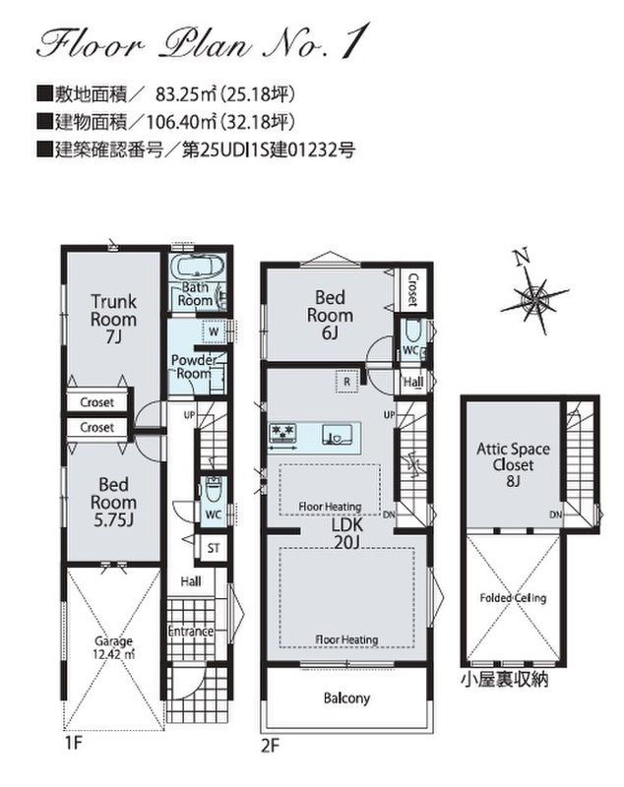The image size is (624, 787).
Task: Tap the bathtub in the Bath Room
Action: click(x=198, y=266)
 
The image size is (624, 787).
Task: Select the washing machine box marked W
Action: click(x=214, y=332)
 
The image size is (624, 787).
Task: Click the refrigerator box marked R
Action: click(x=346, y=382)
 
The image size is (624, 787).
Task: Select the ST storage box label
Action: click(x=214, y=548)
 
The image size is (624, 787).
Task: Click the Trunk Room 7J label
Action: click(x=113, y=319)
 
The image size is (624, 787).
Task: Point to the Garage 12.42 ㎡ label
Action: click(x=114, y=647)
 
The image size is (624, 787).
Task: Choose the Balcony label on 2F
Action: click(x=346, y=698)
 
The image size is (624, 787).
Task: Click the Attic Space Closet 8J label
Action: click(x=513, y=464)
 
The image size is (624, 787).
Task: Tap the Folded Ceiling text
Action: click(x=513, y=598)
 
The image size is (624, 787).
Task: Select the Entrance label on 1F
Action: click(x=190, y=631)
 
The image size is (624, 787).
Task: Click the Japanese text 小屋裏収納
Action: click(x=504, y=679)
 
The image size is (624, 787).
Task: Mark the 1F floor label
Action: click(x=73, y=743)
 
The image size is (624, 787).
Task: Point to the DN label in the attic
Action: click(x=556, y=515)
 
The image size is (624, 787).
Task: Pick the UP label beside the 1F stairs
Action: click(x=189, y=415)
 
